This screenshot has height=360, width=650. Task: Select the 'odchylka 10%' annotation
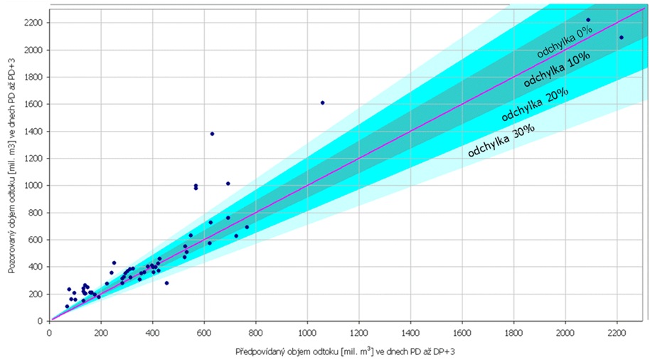(x=550, y=73)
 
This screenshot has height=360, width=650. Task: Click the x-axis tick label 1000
(x=307, y=332)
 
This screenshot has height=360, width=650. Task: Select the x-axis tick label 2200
(x=617, y=332)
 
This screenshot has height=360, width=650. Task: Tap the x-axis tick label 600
(x=204, y=332)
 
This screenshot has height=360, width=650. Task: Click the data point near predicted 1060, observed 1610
(x=322, y=102)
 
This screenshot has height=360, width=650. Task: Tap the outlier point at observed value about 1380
(x=212, y=134)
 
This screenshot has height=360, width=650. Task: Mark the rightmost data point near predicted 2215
(x=621, y=38)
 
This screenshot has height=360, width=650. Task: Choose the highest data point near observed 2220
(x=588, y=20)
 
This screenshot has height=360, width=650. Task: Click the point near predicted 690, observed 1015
(x=228, y=183)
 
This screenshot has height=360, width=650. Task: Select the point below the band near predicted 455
(x=166, y=282)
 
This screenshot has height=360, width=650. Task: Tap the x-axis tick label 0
(x=49, y=332)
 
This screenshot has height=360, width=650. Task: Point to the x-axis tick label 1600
(x=462, y=332)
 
